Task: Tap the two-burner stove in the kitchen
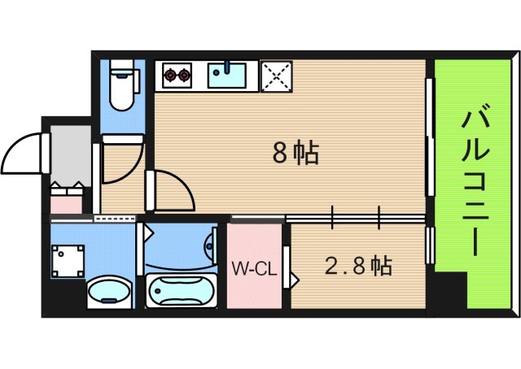click(177, 75)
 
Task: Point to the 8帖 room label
click(294, 153)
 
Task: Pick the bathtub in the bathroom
click(182, 291)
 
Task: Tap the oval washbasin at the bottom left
click(108, 293)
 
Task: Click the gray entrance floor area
click(70, 154)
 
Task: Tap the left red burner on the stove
click(170, 76)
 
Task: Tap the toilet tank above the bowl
click(123, 67)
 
